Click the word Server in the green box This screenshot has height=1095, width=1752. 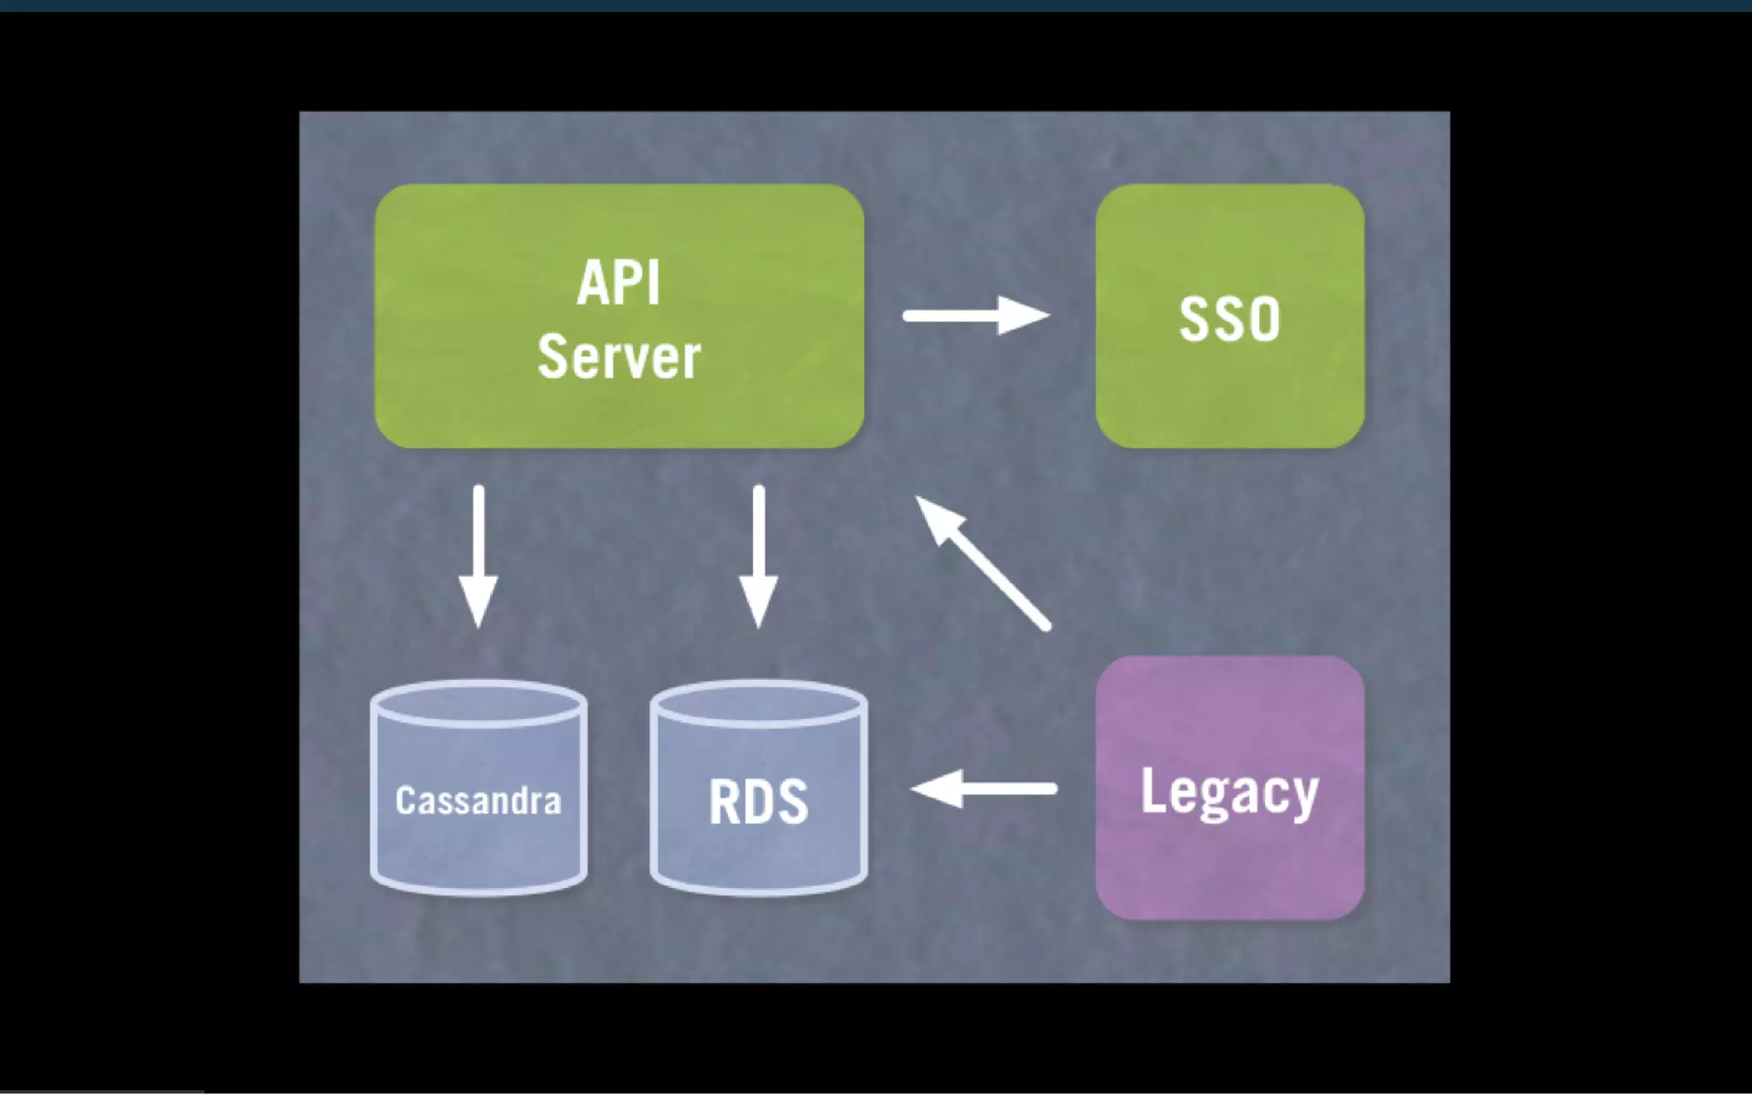click(x=619, y=357)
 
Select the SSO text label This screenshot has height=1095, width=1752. click(x=1229, y=319)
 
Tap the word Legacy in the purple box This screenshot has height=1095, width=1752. click(x=1229, y=792)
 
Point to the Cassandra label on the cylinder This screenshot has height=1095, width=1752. click(x=478, y=801)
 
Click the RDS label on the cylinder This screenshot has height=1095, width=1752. click(x=758, y=802)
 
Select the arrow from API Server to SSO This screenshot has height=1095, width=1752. click(x=975, y=316)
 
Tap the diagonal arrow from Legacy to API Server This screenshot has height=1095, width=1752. click(x=984, y=565)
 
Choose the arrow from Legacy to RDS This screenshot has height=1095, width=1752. click(x=984, y=789)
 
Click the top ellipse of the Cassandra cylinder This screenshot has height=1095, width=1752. click(x=478, y=704)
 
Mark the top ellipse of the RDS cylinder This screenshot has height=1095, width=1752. click(x=758, y=704)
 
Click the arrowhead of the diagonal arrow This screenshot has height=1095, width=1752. click(x=938, y=518)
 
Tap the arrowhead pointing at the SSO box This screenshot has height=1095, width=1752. click(x=1023, y=316)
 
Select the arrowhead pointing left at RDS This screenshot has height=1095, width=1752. click(x=938, y=789)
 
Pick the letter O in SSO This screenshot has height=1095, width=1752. click(x=1263, y=319)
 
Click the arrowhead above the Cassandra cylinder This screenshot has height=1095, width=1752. click(x=478, y=602)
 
